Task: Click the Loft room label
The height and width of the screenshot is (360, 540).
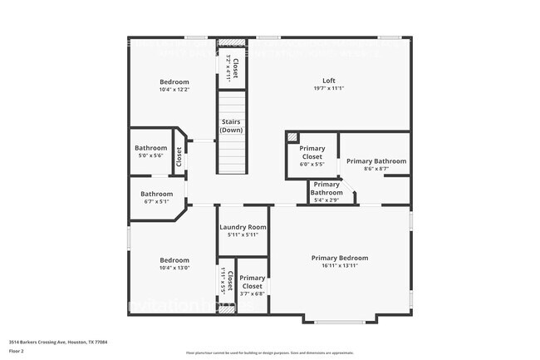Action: click(329, 81)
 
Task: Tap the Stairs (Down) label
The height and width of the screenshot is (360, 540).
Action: click(232, 126)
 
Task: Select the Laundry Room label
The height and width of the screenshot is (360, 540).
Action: click(243, 227)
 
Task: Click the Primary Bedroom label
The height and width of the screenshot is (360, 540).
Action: click(340, 258)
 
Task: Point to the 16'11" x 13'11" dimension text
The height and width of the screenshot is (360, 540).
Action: click(340, 266)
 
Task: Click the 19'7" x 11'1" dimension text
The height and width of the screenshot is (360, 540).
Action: click(329, 88)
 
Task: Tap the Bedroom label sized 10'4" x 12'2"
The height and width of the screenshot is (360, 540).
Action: click(174, 81)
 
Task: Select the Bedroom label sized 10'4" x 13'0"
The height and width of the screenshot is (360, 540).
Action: click(174, 260)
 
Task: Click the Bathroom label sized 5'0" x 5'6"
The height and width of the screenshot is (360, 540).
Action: click(151, 148)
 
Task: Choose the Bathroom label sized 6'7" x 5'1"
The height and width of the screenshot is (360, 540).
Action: click(156, 194)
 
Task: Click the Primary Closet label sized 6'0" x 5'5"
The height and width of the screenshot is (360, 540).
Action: click(312, 152)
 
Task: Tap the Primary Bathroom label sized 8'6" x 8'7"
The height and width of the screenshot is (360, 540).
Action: click(376, 160)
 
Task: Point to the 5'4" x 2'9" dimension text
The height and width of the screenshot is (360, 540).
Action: click(326, 200)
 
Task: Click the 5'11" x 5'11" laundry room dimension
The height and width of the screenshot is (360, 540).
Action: click(243, 235)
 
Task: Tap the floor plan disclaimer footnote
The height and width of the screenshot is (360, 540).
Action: click(269, 353)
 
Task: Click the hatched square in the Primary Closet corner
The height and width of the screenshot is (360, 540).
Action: click(292, 137)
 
